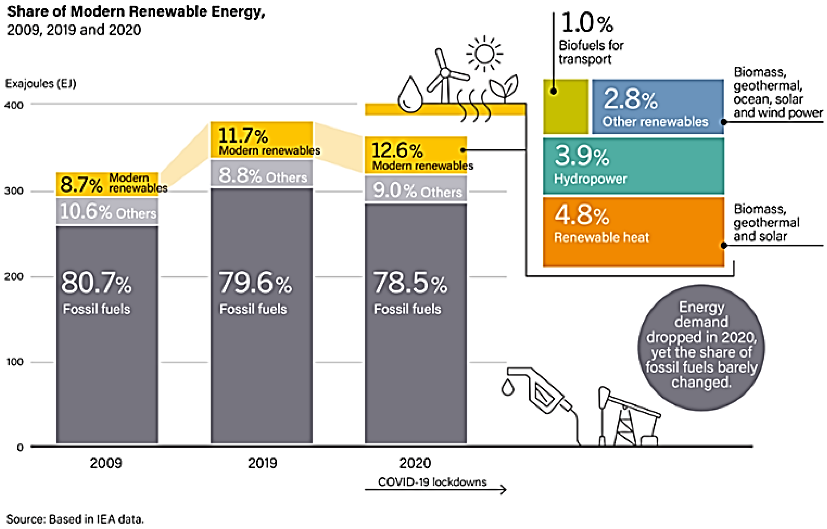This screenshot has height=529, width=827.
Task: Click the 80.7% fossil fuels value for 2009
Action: pyautogui.click(x=96, y=283)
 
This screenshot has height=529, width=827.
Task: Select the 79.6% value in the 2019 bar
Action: pyautogui.click(x=255, y=283)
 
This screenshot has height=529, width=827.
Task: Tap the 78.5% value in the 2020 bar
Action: pyautogui.click(x=410, y=283)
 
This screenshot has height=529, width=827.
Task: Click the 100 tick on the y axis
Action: pyautogui.click(x=14, y=362)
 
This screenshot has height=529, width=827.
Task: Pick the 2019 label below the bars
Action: pyautogui.click(x=262, y=463)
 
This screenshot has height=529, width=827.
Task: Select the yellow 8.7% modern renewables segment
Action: pyautogui.click(x=107, y=184)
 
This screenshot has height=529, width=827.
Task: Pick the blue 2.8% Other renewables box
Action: pyautogui.click(x=657, y=107)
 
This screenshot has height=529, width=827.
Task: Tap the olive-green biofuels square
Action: pyautogui.click(x=565, y=107)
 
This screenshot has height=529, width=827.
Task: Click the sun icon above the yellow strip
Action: pyautogui.click(x=484, y=54)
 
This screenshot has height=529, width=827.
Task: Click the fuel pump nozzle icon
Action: pyautogui.click(x=539, y=392)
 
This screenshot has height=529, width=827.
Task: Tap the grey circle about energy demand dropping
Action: pyautogui.click(x=701, y=347)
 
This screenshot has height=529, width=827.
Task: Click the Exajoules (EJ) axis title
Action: pyautogui.click(x=41, y=83)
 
